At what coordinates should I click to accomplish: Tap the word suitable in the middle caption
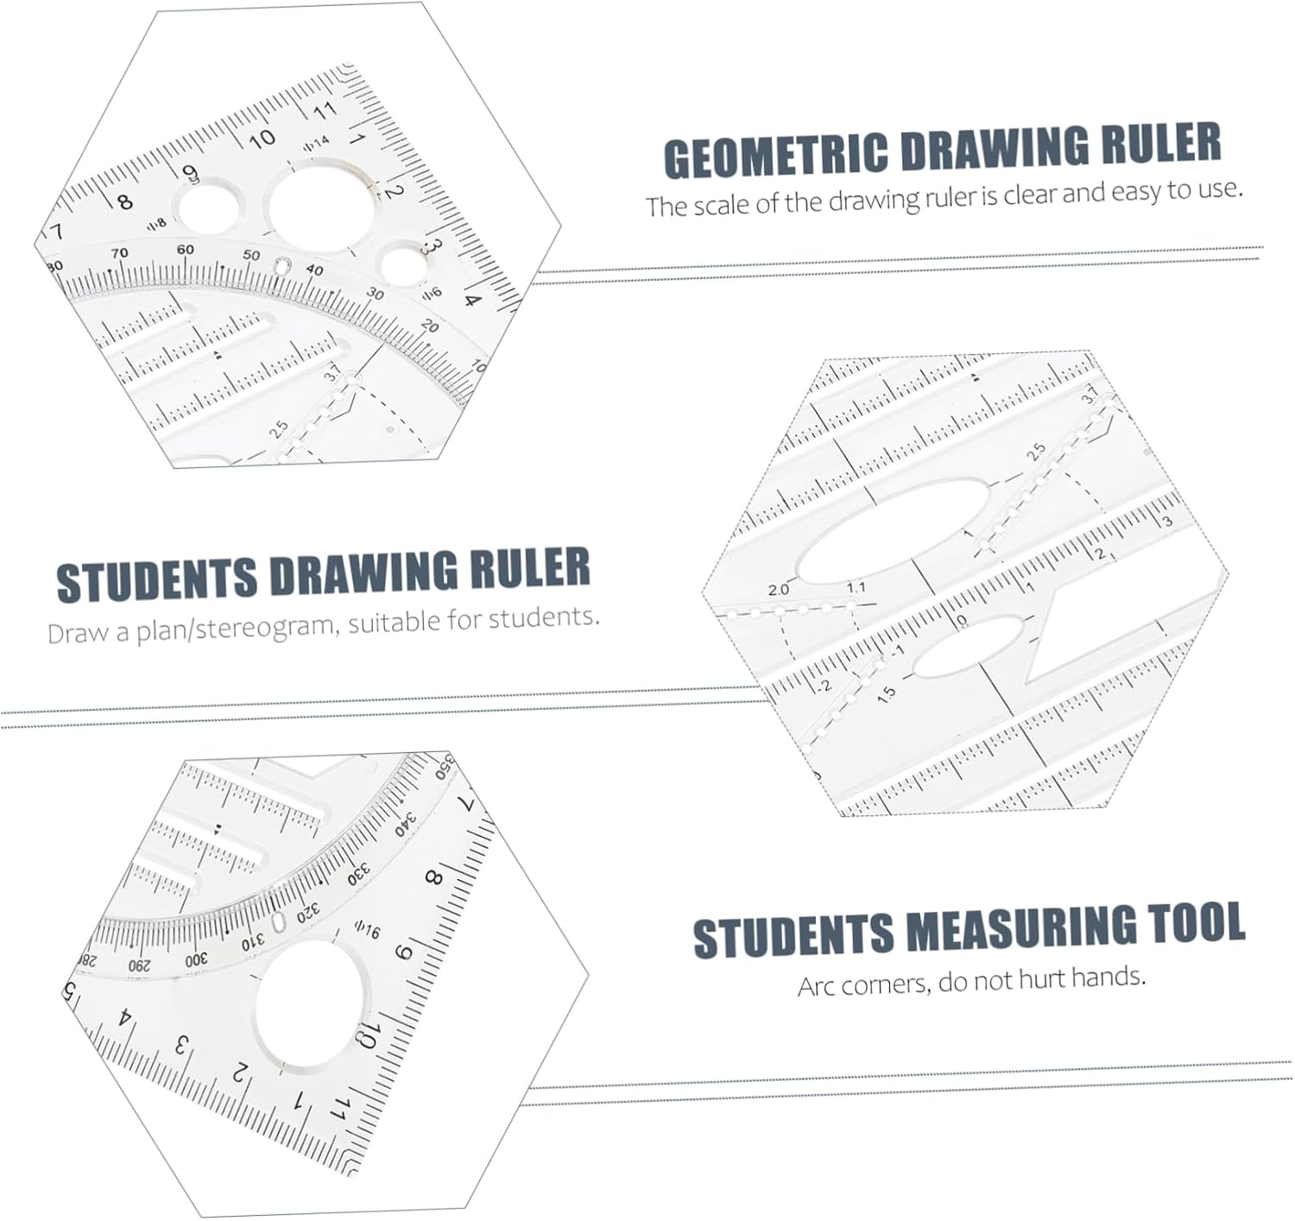[x=396, y=622]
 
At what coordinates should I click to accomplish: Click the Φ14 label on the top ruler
[x=316, y=143]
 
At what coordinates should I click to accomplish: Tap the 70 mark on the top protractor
[x=119, y=253]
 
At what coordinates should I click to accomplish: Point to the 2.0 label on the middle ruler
[x=778, y=590]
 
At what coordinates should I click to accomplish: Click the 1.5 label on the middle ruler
[x=886, y=693]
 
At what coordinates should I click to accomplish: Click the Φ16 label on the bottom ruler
[x=367, y=930]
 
